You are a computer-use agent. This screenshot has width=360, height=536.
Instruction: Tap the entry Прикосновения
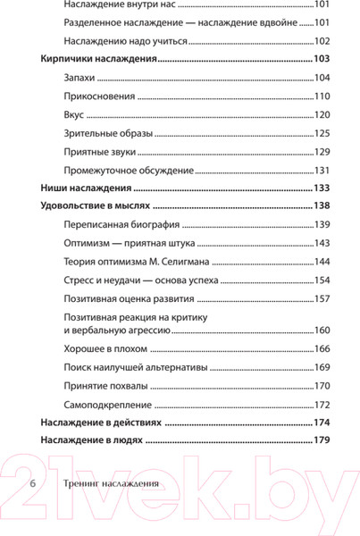pos(100,96)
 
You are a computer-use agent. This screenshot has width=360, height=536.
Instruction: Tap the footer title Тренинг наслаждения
pos(112,484)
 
